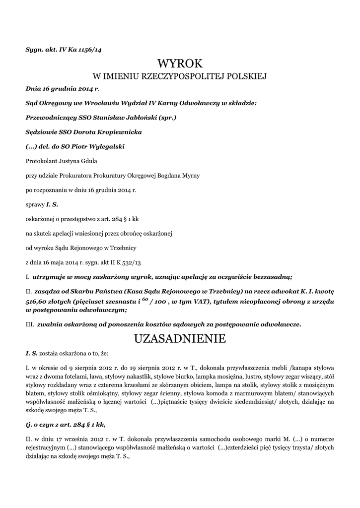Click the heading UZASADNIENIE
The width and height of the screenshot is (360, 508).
coord(180,339)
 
